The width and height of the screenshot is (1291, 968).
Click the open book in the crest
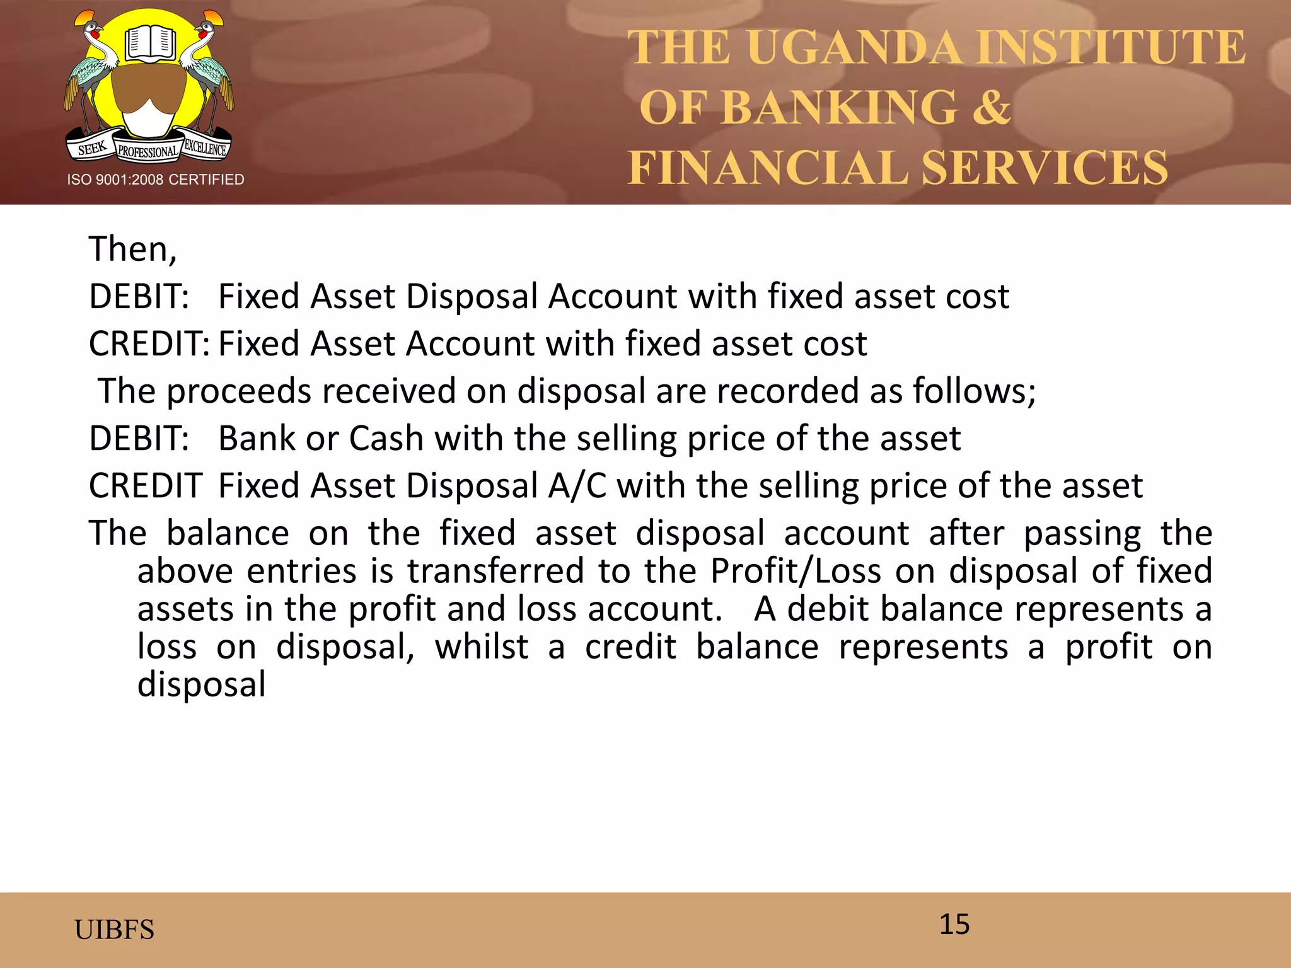click(149, 44)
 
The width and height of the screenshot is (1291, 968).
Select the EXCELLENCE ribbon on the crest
click(205, 147)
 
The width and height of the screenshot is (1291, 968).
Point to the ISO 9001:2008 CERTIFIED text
click(156, 180)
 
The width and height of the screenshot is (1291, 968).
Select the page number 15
click(954, 925)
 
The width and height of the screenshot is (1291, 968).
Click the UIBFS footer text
click(114, 930)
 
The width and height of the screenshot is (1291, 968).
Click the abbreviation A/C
click(577, 486)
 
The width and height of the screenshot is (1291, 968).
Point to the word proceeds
click(239, 391)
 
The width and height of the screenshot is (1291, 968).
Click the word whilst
click(482, 647)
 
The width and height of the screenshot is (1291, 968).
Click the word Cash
click(386, 438)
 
